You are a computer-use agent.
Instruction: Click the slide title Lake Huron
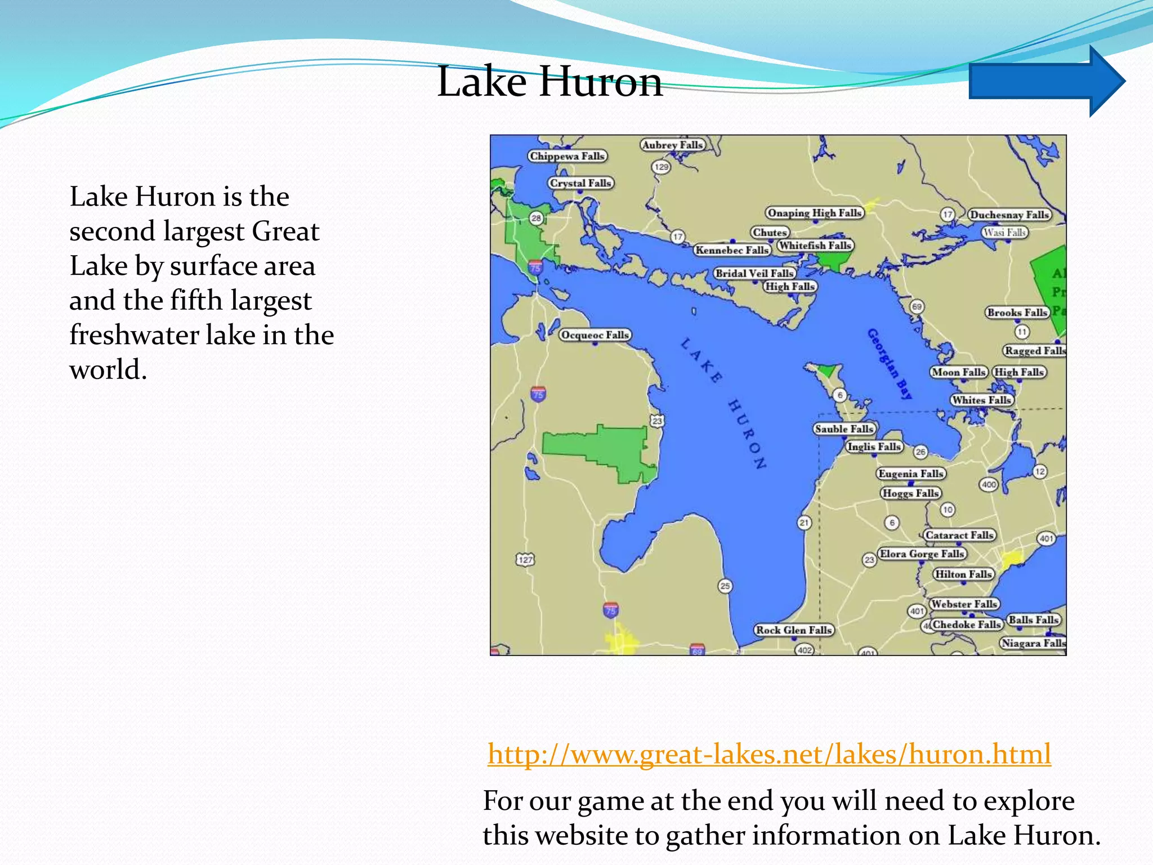coord(549,82)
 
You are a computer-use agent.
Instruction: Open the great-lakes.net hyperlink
coord(769,753)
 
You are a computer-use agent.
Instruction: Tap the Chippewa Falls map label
coord(567,156)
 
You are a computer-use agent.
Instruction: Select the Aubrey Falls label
coord(673,145)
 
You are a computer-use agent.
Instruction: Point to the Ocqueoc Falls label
coord(595,335)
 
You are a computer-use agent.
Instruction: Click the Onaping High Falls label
coord(815,213)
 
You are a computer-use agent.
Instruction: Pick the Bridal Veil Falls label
coord(754,273)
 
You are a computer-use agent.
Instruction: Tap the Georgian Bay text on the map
coord(890,363)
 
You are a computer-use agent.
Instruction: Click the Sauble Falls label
coord(844,429)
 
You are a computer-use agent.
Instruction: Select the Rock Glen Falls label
coord(793,630)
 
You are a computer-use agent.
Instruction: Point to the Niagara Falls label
coord(1033,643)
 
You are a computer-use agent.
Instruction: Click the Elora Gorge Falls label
coord(922,554)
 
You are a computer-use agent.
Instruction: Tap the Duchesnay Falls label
coord(1009,215)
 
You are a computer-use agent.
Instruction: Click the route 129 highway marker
coord(661,167)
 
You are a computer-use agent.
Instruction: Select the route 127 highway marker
coord(525,559)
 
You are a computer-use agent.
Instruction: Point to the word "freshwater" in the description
coord(133,335)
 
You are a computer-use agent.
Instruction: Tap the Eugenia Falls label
coord(911,474)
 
